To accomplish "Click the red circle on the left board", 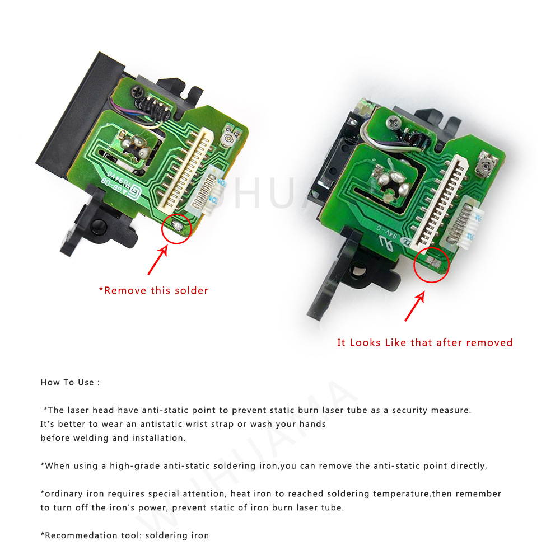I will point(177,227).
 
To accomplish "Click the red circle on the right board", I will point(432,265).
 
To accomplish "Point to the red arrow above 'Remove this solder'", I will point(157,259).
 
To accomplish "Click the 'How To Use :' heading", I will point(70,383).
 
